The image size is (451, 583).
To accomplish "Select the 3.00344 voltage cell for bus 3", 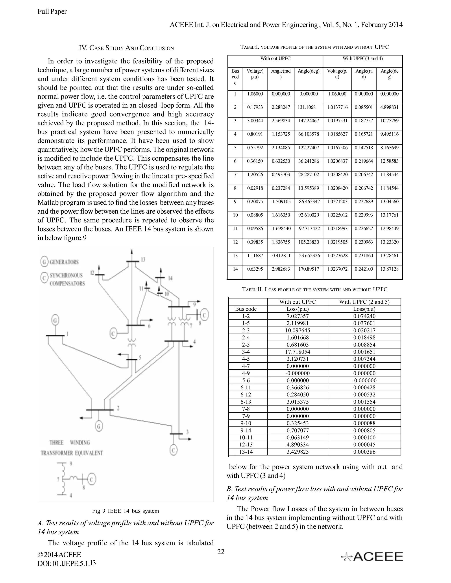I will point(255,121).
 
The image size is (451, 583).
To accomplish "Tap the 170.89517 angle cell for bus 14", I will point(309,269).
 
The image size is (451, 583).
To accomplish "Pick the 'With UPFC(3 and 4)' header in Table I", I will point(362,59).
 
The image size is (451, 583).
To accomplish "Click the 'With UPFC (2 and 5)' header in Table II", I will point(364,302).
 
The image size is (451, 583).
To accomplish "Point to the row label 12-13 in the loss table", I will point(246,445).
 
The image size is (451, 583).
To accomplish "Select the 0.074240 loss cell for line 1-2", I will point(364,316).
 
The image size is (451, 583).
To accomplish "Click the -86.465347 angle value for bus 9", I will point(309,202).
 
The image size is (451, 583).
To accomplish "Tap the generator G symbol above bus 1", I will point(55,320).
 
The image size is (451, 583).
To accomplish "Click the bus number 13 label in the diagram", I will point(143,259).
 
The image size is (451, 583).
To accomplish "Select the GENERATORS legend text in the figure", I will point(64,262).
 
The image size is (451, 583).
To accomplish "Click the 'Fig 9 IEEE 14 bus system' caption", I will point(126,511).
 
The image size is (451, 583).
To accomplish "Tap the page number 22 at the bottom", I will point(221,552).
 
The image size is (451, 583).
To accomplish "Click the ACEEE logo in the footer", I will point(372,557).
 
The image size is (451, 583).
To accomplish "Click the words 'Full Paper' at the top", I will point(52,11).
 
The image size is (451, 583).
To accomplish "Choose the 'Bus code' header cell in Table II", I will point(246,309).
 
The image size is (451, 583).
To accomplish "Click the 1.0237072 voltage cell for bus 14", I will point(337,269).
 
